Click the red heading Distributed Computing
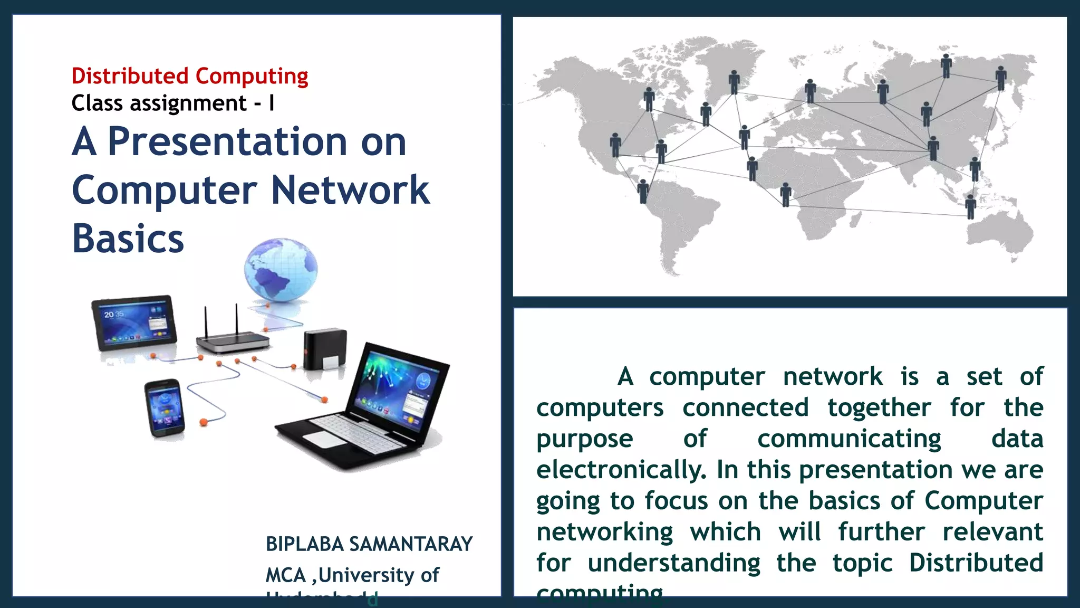click(190, 77)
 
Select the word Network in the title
click(350, 190)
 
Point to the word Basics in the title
click(128, 239)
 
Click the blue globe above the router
click(281, 270)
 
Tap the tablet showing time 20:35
click(133, 322)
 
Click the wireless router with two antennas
click(233, 338)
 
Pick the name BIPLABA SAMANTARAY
click(369, 544)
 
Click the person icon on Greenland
click(734, 82)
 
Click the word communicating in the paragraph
click(849, 439)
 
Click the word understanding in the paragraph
click(674, 563)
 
